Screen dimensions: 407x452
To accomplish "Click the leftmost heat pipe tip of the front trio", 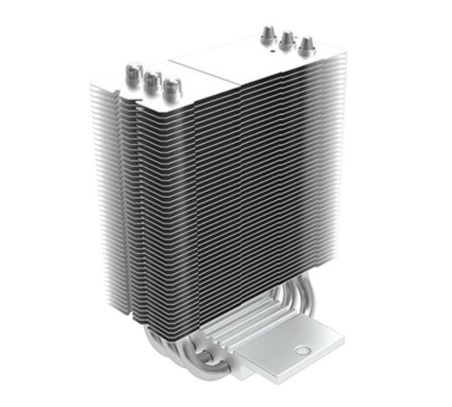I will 132,70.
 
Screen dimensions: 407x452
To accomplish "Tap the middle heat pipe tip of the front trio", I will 151,79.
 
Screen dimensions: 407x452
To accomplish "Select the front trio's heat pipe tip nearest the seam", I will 169,88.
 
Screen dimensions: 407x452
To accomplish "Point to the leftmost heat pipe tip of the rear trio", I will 268,33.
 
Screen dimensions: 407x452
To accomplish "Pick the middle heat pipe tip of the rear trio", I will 287,39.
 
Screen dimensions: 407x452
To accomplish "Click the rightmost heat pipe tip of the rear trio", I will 306,45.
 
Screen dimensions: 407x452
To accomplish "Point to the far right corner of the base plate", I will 344,336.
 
